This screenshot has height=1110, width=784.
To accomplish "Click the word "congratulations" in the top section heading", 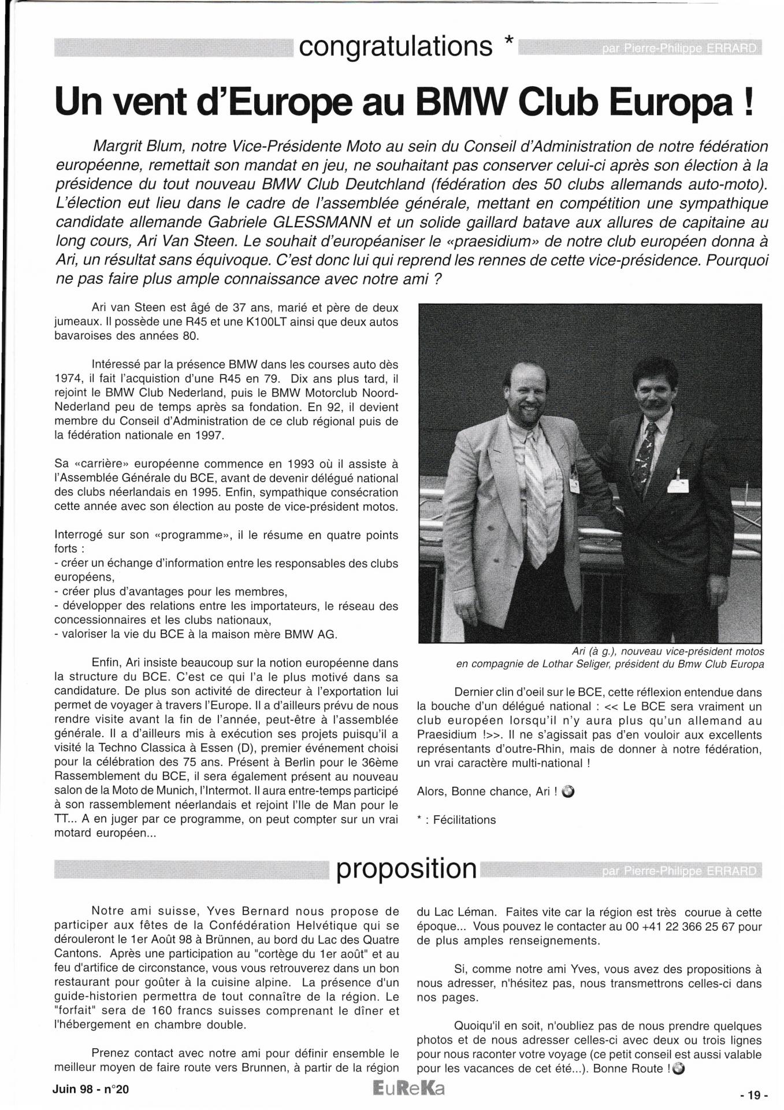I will tap(396, 47).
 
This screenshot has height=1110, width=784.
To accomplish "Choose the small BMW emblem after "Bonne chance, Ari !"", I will tap(568, 791).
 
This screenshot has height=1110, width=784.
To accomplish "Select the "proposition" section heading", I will tap(407, 869).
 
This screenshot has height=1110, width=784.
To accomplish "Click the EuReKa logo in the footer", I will tap(408, 1089).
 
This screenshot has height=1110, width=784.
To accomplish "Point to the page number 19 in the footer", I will tap(755, 1094).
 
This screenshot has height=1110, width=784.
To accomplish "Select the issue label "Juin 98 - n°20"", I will tap(91, 1089).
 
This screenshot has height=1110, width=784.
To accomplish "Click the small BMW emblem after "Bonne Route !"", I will tap(678, 1068).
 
